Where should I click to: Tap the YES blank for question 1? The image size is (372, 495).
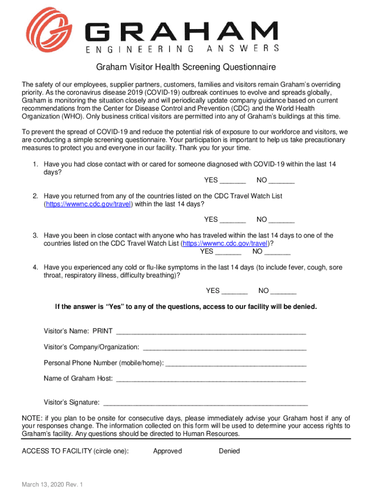tap(232, 181)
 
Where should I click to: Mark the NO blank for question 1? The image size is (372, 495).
tap(282, 181)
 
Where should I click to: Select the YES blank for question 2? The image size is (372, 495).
tap(232, 220)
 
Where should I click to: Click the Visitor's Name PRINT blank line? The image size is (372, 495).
tap(211, 332)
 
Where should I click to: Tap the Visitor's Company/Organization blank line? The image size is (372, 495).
tap(225, 348)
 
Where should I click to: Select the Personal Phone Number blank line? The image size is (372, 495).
tap(236, 363)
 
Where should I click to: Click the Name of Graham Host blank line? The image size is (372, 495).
tap(211, 379)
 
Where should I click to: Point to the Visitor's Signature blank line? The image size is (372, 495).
tap(206, 403)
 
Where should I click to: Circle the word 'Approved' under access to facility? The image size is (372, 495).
tap(168, 451)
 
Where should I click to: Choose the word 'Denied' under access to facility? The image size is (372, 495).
tap(229, 451)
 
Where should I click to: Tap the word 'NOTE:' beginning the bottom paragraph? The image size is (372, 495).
tap(32, 418)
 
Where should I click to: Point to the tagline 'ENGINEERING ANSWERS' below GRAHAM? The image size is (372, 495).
tap(183, 48)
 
